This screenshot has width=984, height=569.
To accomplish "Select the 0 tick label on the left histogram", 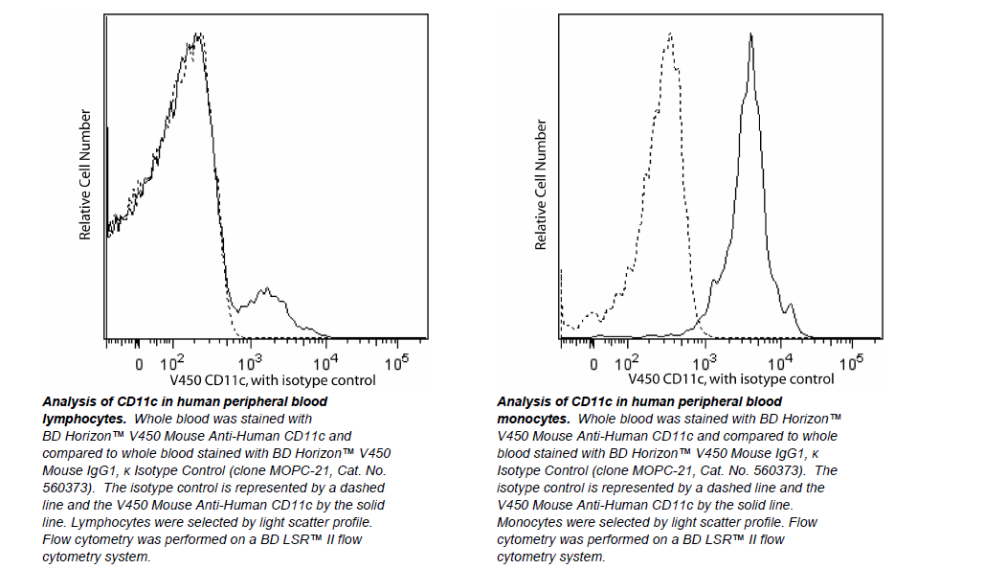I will (140, 365).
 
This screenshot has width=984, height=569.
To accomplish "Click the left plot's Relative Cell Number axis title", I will (85, 174).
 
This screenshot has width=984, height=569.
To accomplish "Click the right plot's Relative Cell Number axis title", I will (541, 185).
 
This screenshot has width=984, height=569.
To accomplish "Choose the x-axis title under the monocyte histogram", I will (719, 380).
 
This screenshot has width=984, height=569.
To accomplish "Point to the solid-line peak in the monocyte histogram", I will (751, 38).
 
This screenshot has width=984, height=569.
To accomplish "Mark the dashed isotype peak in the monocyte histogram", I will (670, 36).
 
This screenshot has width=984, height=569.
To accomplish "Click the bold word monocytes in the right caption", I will (533, 419).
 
